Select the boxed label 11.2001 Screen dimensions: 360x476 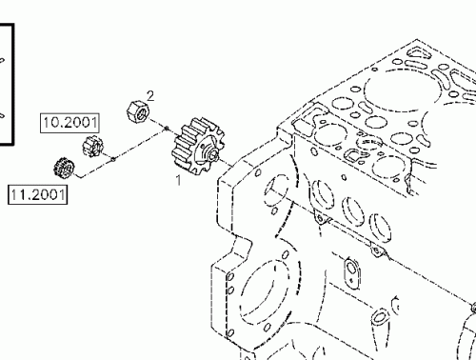coord(37,196)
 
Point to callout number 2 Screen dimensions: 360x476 coord(149,93)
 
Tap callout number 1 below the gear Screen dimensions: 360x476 coord(176,177)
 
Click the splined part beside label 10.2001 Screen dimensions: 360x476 coord(92,147)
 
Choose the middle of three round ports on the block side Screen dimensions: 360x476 coord(353,209)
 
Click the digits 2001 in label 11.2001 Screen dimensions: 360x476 coord(47,196)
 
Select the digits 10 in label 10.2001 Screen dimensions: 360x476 coord(51,123)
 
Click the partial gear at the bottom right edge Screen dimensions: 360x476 coord(470,324)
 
